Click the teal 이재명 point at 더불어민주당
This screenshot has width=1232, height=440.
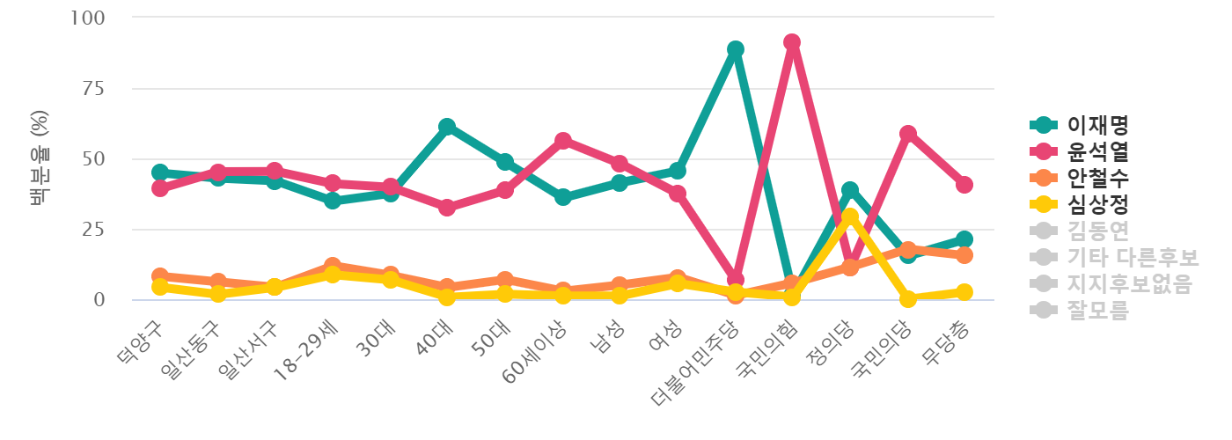[x=735, y=49]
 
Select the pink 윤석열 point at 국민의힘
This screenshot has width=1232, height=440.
[x=792, y=42]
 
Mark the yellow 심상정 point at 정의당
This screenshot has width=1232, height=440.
[x=849, y=216]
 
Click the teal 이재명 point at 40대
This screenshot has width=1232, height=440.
[x=447, y=127]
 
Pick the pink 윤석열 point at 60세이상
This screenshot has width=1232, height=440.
[x=562, y=141]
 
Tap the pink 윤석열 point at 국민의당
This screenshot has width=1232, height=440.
[x=907, y=134]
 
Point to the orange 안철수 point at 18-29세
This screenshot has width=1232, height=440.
[x=332, y=266]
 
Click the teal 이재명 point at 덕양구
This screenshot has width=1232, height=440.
[x=159, y=172]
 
